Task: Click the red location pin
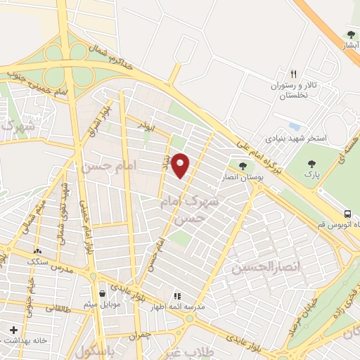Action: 181,165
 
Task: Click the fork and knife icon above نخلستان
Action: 294,74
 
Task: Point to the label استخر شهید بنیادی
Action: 296,138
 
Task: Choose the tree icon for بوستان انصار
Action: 243,166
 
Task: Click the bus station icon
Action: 348,214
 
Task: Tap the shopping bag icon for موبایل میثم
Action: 103,293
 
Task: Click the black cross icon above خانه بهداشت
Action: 13,329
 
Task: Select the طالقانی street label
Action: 55,308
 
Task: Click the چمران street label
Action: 139,336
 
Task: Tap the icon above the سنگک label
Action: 37,250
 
